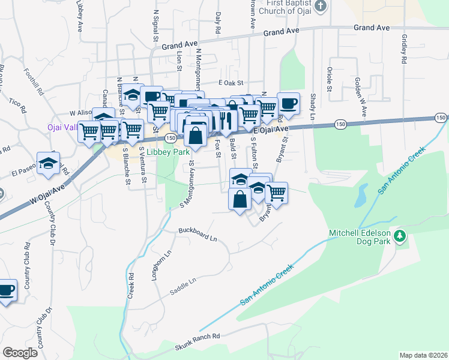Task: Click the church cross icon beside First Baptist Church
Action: click(321, 6)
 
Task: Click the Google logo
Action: click(20, 353)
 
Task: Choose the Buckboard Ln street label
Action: click(197, 234)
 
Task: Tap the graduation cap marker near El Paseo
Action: click(47, 164)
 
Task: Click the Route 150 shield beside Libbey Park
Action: click(170, 138)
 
